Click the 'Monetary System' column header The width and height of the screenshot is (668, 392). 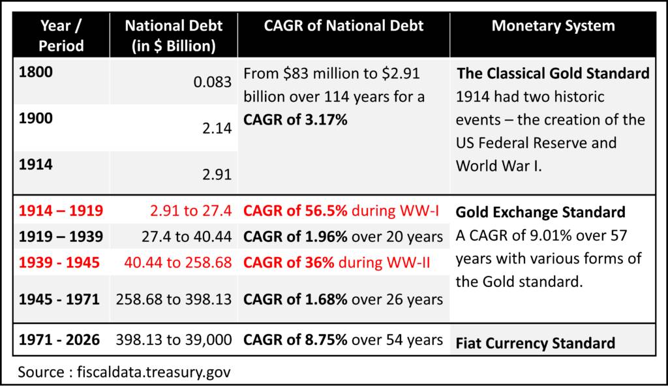point(553,26)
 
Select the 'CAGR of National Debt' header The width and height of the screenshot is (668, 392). point(344,26)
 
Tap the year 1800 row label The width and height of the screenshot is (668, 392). point(36,72)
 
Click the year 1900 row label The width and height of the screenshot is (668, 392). point(36,119)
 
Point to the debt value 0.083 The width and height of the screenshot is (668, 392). point(213,82)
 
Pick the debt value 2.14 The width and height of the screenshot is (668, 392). point(218,128)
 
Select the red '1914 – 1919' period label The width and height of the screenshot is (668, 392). point(61,211)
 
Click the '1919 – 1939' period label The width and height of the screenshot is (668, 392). point(61,237)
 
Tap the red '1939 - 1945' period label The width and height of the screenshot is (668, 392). point(59,262)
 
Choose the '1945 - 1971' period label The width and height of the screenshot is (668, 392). point(59,299)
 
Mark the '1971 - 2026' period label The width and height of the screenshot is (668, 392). point(59,340)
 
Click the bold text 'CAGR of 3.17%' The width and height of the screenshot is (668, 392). point(295,120)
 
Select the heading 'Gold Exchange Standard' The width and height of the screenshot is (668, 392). point(540,212)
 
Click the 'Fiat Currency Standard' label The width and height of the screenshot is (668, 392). point(535,343)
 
